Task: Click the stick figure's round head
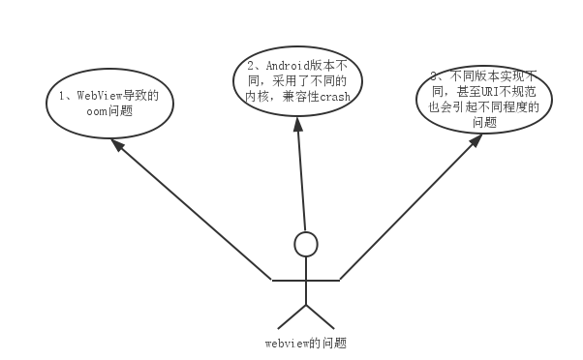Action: [306, 244]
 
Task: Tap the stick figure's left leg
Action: [292, 315]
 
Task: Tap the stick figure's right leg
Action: [320, 315]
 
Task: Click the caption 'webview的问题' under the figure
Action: [306, 343]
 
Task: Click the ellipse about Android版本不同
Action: [296, 83]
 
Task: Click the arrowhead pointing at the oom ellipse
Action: [115, 144]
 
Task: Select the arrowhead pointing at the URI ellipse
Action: [476, 140]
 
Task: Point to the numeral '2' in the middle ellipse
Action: [240, 67]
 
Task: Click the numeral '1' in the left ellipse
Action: [59, 96]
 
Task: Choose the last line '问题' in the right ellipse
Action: [484, 123]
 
